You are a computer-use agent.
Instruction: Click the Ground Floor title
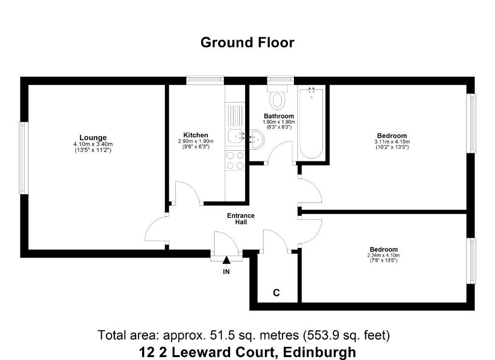pyautogui.click(x=247, y=43)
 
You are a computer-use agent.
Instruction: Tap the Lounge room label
pyautogui.click(x=93, y=138)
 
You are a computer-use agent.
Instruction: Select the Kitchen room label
pyautogui.click(x=196, y=135)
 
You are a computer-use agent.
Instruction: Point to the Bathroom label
pyautogui.click(x=279, y=116)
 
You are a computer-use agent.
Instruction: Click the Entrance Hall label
pyautogui.click(x=241, y=218)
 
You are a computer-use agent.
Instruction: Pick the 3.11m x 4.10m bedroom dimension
pyautogui.click(x=392, y=142)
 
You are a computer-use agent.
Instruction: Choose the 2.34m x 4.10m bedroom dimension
pyautogui.click(x=383, y=255)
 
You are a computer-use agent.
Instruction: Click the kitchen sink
pyautogui.click(x=235, y=136)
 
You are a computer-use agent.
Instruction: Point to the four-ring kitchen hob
pyautogui.click(x=235, y=160)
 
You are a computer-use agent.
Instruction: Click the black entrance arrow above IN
pyautogui.click(x=226, y=260)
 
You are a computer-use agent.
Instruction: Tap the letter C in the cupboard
pyautogui.click(x=276, y=293)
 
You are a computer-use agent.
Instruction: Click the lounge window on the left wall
pyautogui.click(x=23, y=158)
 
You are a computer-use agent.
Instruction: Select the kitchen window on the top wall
pyautogui.click(x=205, y=80)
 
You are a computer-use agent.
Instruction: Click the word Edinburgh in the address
pyautogui.click(x=320, y=352)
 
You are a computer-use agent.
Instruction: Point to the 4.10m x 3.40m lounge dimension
pyautogui.click(x=93, y=144)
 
